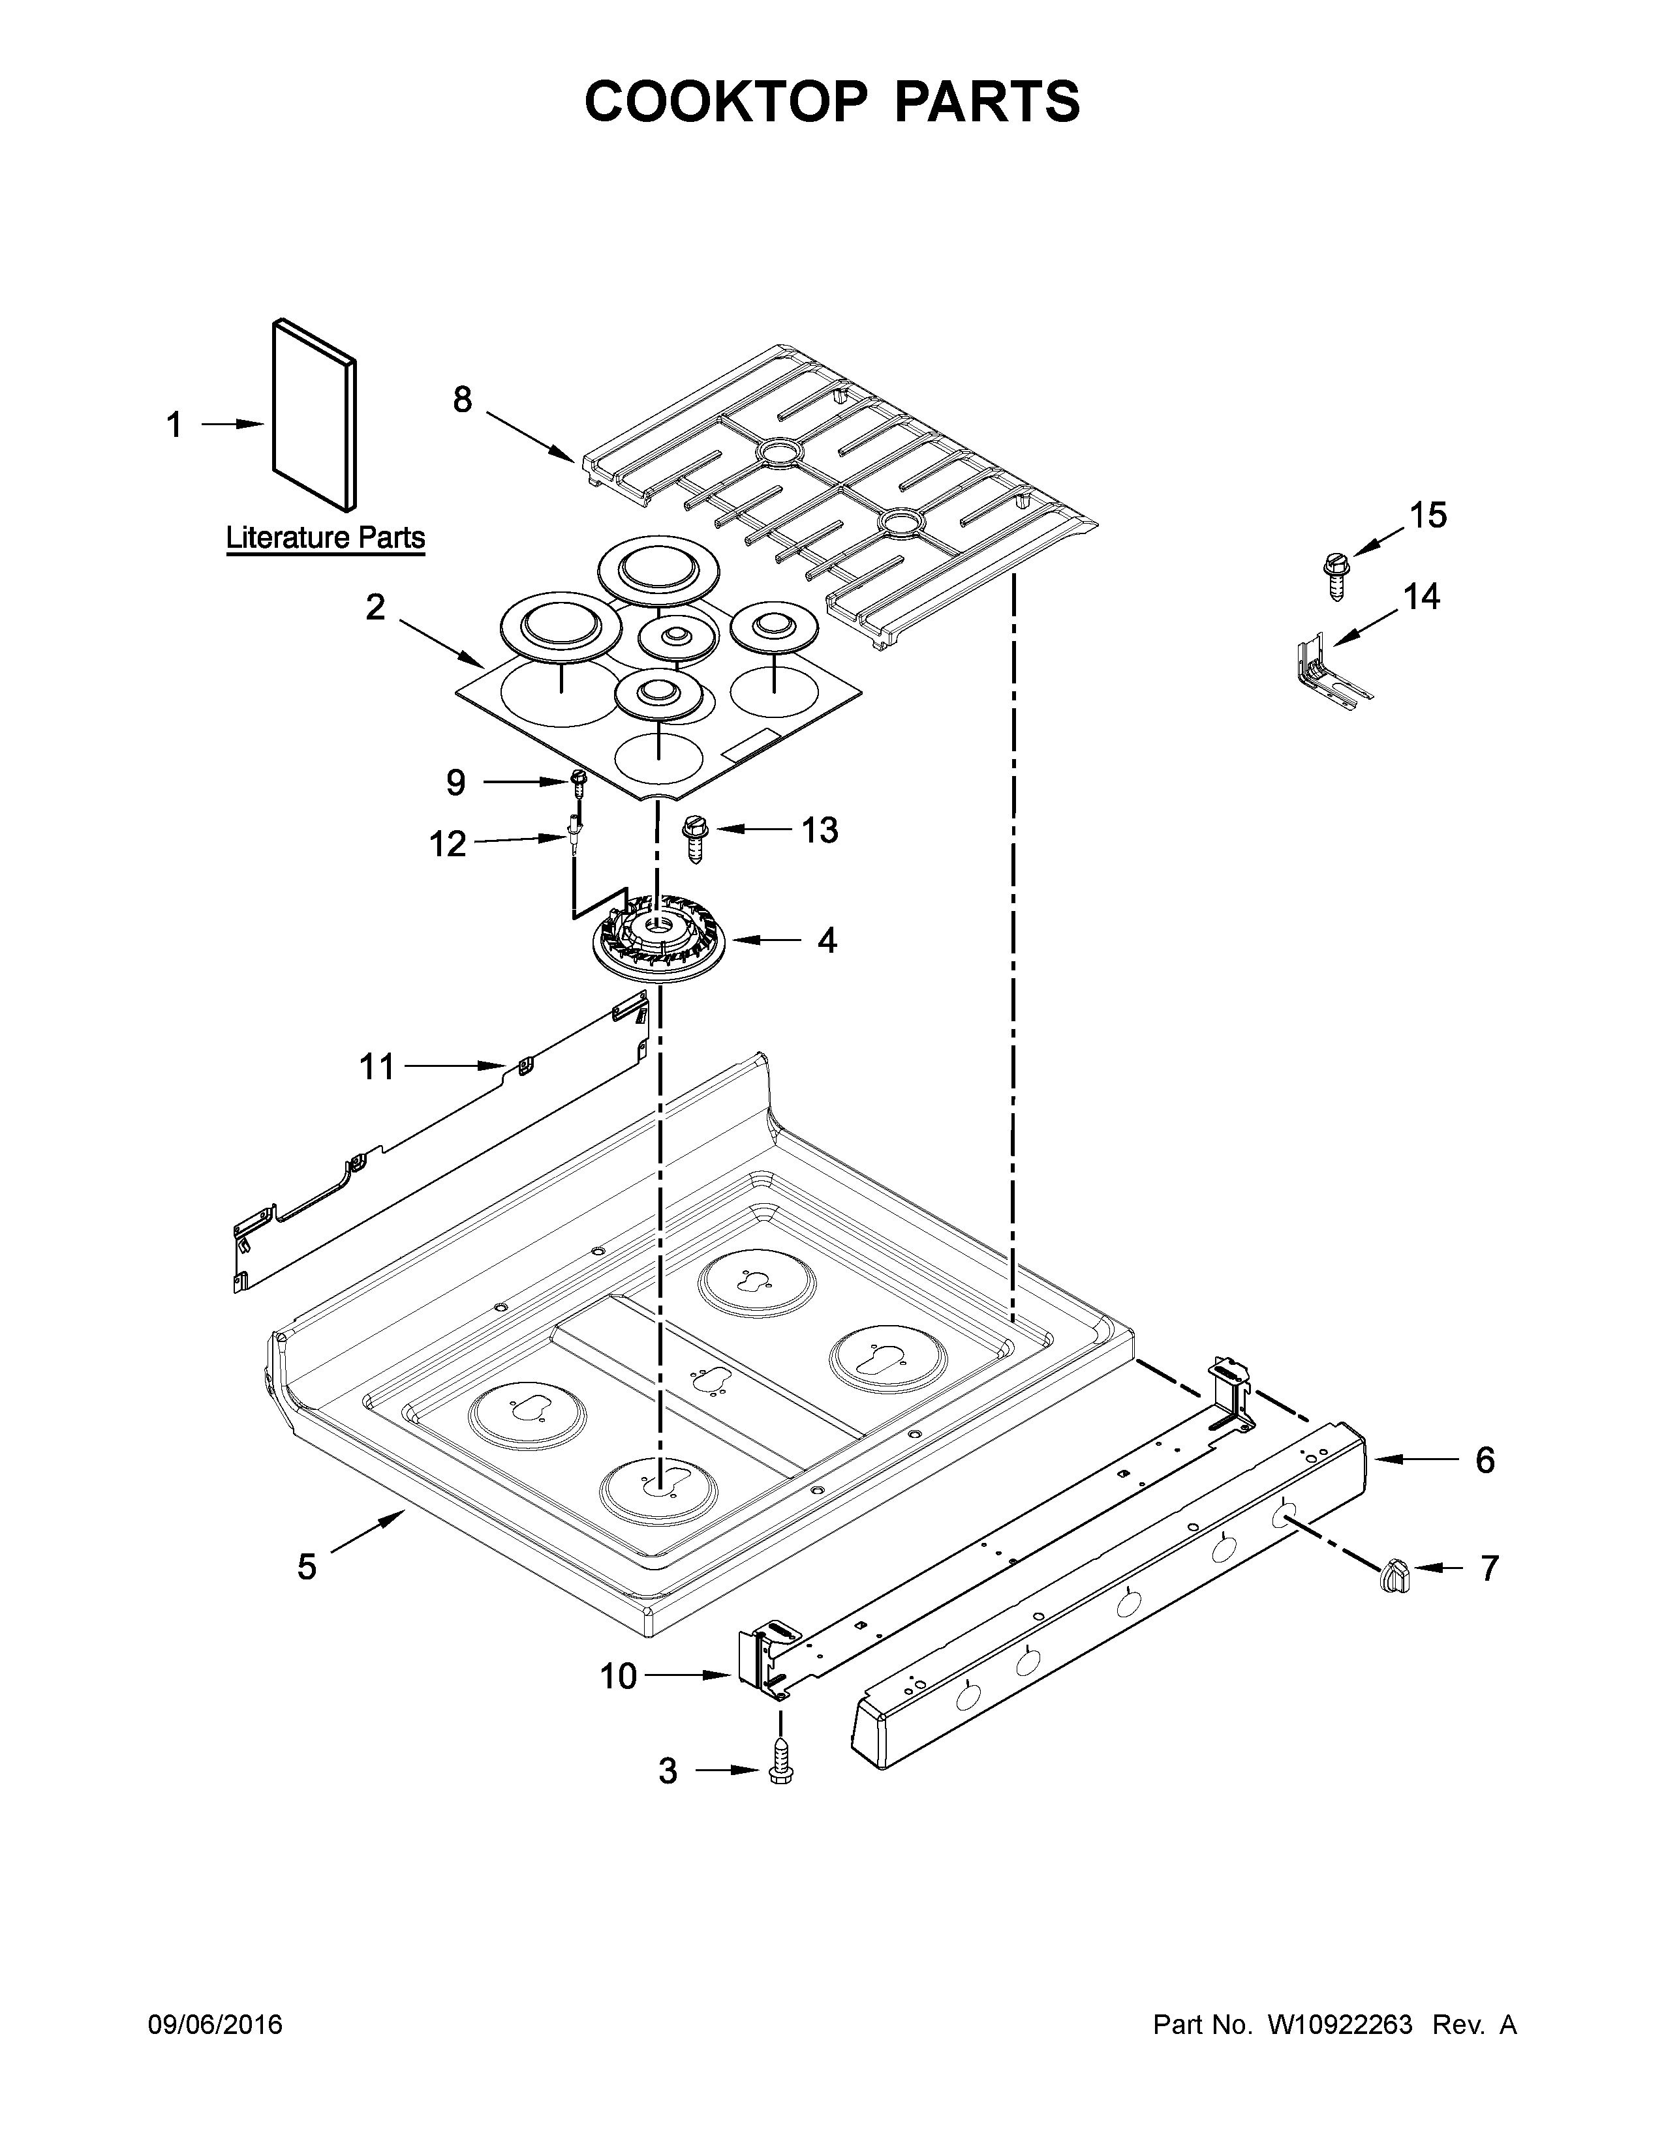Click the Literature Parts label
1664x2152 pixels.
[x=326, y=538]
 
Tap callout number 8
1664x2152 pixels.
[x=463, y=399]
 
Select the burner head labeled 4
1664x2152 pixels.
[x=658, y=941]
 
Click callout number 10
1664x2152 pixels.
[x=619, y=1676]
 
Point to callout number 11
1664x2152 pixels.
[x=377, y=1066]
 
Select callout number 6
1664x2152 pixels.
[x=1485, y=1459]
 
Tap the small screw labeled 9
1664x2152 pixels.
[x=579, y=781]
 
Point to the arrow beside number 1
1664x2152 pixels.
[x=234, y=425]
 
